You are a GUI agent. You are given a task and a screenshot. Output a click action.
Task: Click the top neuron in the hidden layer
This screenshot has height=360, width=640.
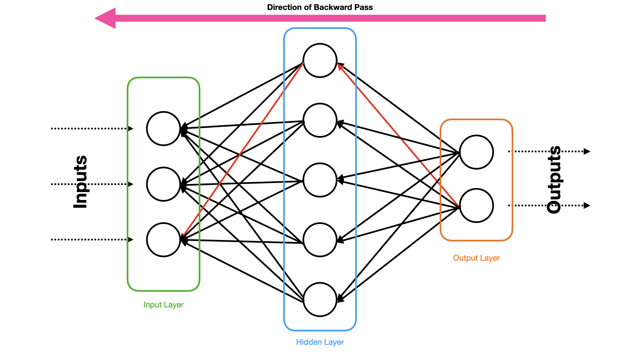pos(320,60)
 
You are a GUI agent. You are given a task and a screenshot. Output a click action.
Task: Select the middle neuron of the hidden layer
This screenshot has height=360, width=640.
pos(320,180)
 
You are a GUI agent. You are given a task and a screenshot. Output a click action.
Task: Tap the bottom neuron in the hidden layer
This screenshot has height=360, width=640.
pos(320,299)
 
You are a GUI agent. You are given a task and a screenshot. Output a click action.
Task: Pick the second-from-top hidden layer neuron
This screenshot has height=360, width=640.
pos(320,120)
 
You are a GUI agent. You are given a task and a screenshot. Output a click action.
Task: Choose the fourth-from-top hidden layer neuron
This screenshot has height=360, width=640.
pos(320,240)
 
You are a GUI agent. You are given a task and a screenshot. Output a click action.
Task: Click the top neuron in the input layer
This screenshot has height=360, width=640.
pos(163,129)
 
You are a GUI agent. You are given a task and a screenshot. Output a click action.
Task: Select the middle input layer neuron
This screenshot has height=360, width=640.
pos(163,184)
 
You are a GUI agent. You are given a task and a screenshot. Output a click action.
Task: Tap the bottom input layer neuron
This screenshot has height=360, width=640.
pos(163,240)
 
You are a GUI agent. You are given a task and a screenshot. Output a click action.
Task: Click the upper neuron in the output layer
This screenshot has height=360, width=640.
pos(476,152)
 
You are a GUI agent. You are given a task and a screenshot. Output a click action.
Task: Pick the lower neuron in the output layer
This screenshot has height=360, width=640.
pos(476,205)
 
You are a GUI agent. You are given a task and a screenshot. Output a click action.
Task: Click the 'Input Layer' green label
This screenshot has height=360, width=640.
pos(163,305)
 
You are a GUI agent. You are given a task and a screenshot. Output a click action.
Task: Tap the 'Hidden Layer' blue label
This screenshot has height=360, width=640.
pos(320,342)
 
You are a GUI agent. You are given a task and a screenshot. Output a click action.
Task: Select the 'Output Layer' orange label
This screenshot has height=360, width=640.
pos(476,258)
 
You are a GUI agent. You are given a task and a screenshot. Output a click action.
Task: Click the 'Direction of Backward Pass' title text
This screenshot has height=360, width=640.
pos(320,7)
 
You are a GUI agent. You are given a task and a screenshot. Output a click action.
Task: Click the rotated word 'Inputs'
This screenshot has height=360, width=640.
pos(80,182)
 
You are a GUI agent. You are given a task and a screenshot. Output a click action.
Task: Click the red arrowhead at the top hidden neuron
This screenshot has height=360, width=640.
pos(340,67)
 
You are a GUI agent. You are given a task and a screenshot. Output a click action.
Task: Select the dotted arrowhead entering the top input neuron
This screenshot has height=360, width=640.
pos(131,129)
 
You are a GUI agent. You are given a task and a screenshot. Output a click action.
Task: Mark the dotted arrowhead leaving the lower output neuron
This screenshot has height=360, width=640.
pos(587,205)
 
